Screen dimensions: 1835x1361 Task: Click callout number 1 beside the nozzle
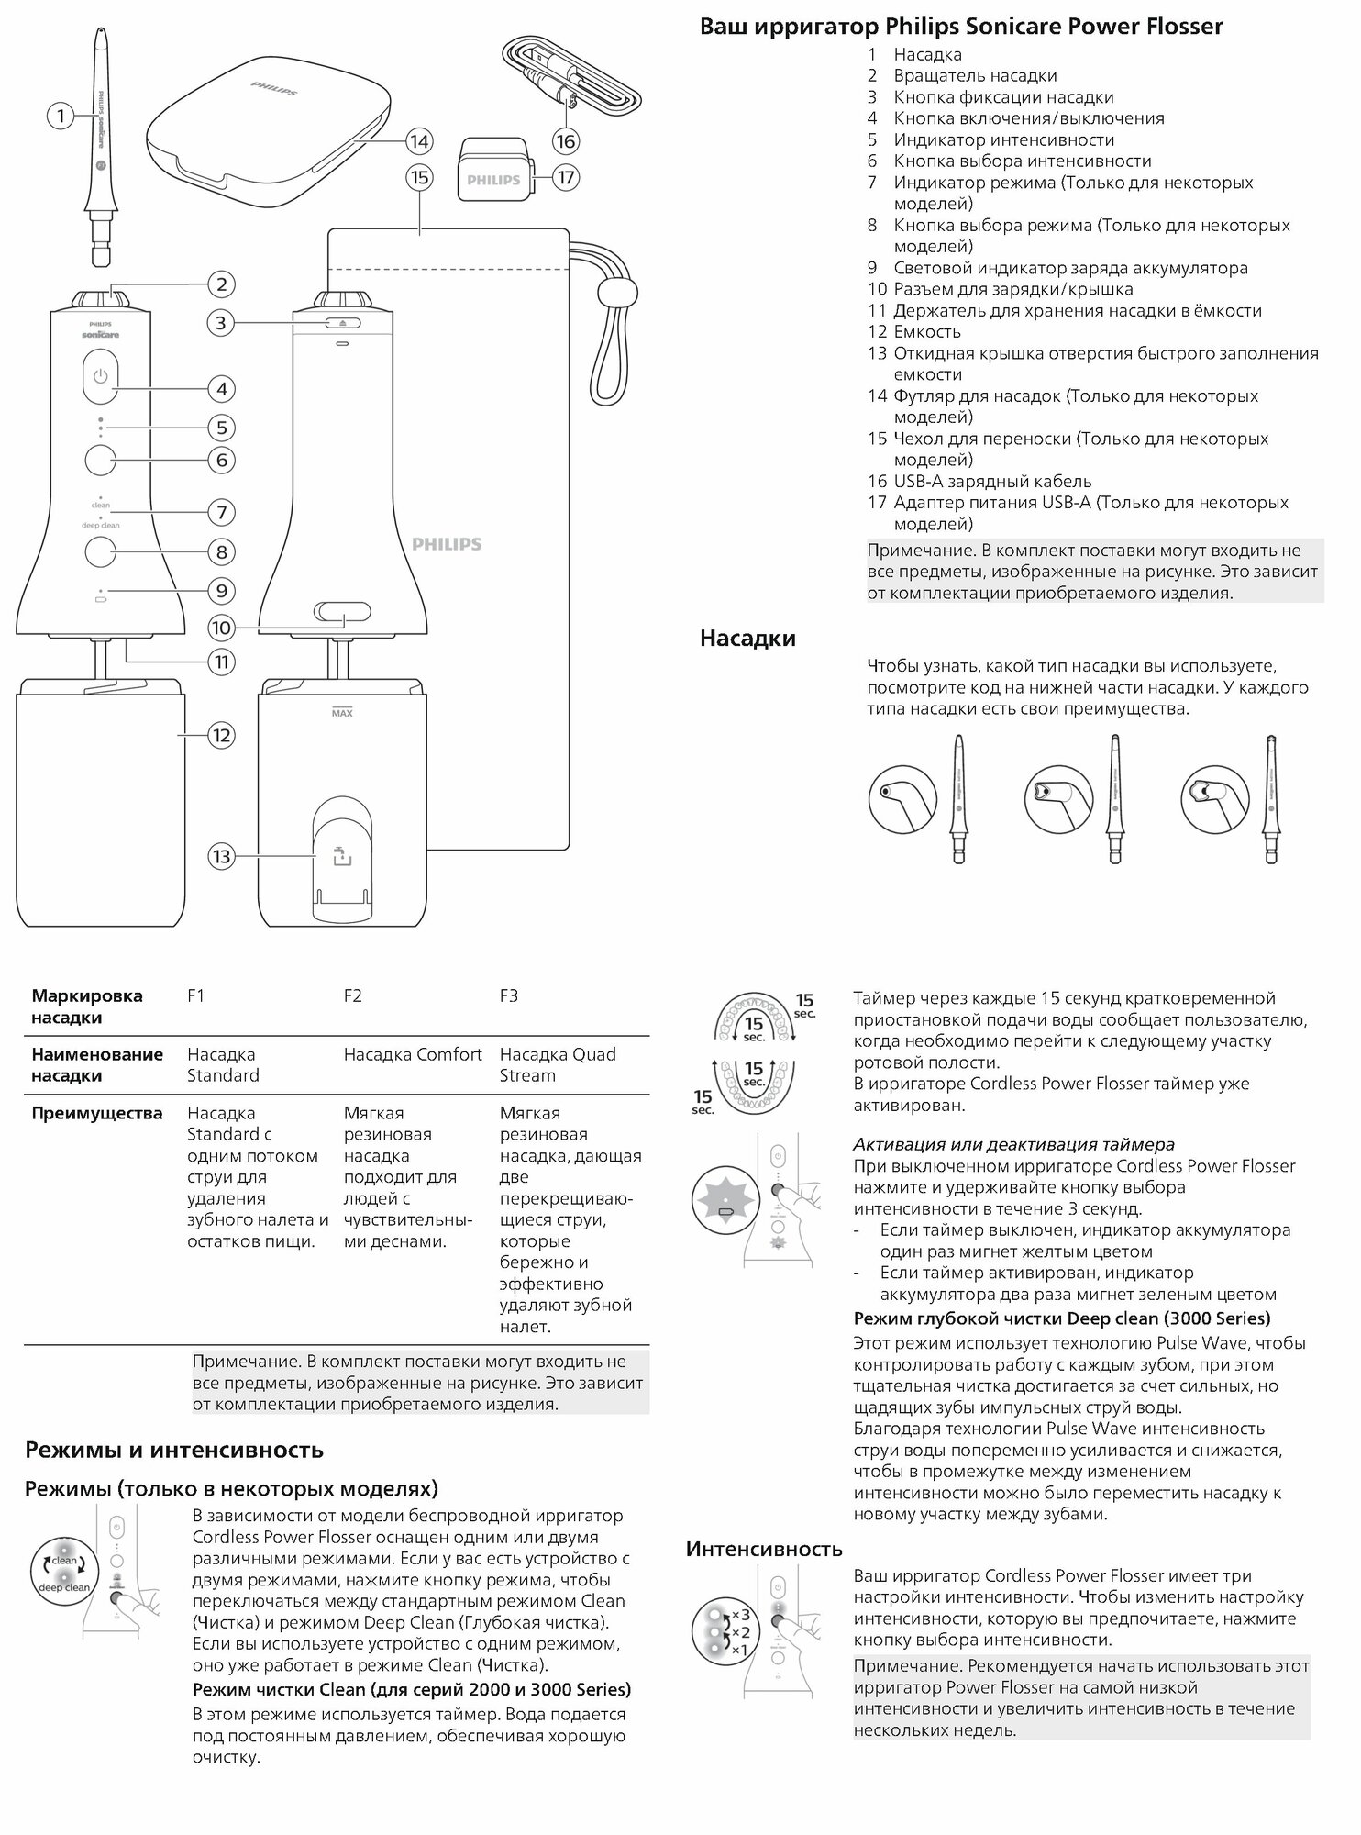pos(61,116)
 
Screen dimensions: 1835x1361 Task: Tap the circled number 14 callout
pos(419,141)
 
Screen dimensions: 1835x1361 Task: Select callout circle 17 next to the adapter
pos(566,177)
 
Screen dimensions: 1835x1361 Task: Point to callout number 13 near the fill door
pos(221,857)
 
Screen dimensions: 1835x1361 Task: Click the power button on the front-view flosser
pos(100,377)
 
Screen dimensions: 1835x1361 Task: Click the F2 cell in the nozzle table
pos(353,995)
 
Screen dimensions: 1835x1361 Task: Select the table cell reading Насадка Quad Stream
pos(557,1064)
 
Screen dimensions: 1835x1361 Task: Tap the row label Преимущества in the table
pos(96,1113)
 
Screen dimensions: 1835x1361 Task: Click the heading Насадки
pos(747,638)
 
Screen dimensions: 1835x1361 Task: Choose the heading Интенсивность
pos(764,1550)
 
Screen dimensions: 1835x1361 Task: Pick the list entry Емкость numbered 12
pos(927,331)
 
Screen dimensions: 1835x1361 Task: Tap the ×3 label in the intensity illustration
pos(741,1614)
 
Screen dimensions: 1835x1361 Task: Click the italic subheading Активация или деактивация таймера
pos(1013,1144)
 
